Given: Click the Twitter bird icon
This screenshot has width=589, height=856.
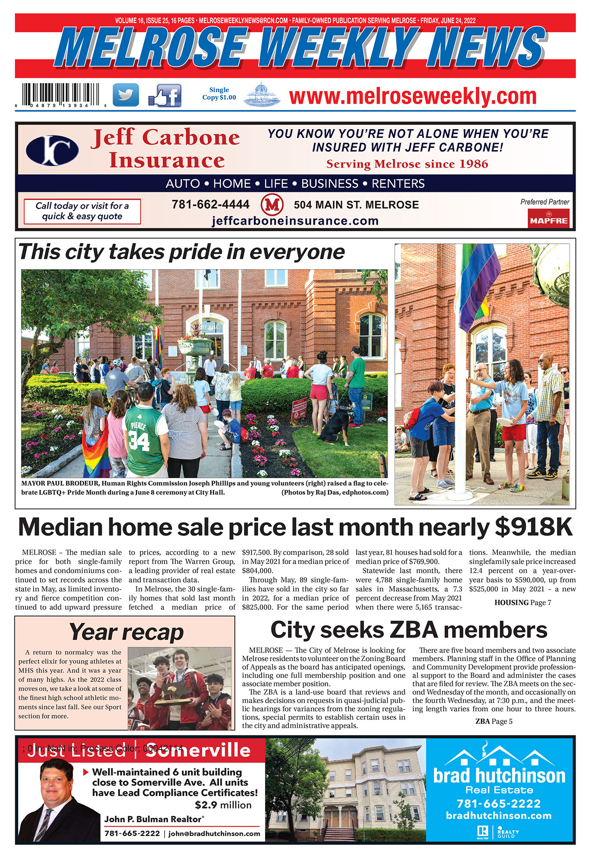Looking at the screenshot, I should click(126, 95).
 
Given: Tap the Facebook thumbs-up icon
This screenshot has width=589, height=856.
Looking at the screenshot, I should click(165, 96).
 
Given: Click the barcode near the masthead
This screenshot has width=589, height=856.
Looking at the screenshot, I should click(60, 95).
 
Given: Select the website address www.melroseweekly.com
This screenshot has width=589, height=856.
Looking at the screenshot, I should click(412, 96).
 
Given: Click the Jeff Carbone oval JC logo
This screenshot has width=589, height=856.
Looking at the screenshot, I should click(52, 150).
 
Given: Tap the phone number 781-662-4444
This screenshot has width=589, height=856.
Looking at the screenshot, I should click(210, 204).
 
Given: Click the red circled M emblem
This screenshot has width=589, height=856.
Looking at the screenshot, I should click(272, 204).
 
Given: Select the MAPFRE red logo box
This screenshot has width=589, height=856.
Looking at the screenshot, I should click(549, 218).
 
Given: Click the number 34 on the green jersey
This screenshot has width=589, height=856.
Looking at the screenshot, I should click(139, 441).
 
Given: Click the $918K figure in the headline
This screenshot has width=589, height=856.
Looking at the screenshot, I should click(533, 527).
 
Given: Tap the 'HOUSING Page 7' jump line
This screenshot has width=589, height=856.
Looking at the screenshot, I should click(522, 603).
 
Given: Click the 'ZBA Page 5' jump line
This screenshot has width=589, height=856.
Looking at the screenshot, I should click(494, 721).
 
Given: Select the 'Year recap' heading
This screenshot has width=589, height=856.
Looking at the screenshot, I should click(126, 632).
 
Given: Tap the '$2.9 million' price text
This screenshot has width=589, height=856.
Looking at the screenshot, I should click(223, 805).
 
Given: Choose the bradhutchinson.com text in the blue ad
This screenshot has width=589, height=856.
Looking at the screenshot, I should click(499, 816).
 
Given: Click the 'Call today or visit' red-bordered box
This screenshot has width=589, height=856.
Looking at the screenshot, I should click(82, 211).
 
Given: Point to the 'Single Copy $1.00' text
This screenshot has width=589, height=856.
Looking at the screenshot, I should click(219, 93).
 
